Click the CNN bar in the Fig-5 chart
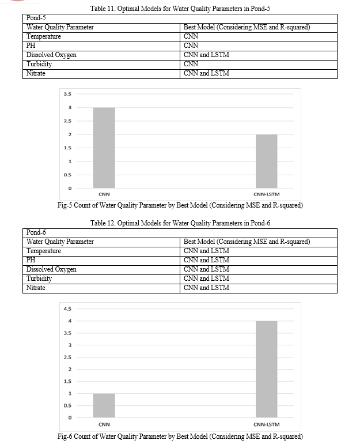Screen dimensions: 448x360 [104, 148]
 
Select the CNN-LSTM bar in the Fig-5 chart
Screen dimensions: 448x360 [266, 161]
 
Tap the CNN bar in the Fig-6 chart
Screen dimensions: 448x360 [104, 405]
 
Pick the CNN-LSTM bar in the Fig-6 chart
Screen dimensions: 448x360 [266, 369]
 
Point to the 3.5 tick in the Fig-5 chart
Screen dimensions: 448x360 [67, 94]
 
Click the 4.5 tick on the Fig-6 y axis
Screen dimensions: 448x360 [67, 308]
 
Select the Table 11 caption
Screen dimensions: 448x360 [180, 10]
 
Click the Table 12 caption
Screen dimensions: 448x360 [180, 223]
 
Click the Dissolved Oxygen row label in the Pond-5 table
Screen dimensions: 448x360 [51, 55]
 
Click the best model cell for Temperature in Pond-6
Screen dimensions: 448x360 [206, 251]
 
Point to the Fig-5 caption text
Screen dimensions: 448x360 [180, 205]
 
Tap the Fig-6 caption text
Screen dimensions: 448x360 [180, 436]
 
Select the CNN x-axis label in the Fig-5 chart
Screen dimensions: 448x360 [104, 194]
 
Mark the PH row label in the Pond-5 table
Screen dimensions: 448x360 [31, 46]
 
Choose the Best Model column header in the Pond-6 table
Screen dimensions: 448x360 [247, 242]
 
